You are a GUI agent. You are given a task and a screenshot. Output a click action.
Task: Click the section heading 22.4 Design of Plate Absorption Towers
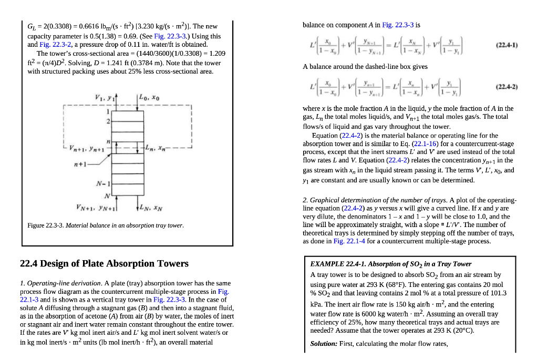(104, 263)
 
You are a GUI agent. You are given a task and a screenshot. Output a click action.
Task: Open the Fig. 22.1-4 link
(348, 241)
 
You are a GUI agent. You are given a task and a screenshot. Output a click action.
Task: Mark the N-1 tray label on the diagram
(102, 184)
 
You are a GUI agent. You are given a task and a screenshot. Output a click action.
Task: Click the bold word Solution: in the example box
(324, 344)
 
